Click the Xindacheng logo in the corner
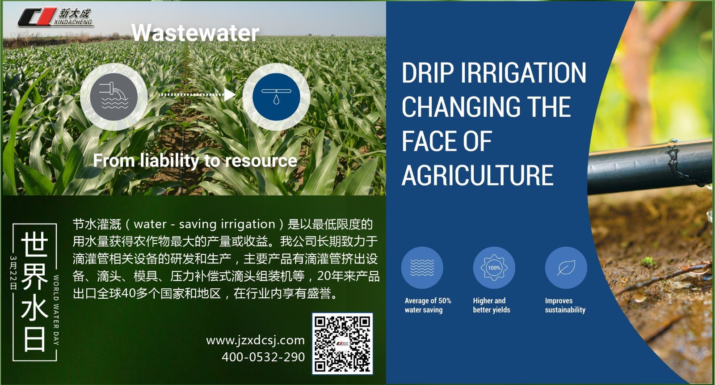(55, 17)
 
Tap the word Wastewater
(195, 33)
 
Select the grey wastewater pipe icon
(114, 97)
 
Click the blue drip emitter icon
(276, 97)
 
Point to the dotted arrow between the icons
(197, 94)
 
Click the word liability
(170, 161)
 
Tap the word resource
(261, 161)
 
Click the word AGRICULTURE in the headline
(478, 175)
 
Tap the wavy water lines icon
(422, 268)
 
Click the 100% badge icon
(494, 268)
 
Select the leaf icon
(566, 268)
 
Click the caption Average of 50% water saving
(428, 305)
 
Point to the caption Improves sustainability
(565, 305)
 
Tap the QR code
(342, 343)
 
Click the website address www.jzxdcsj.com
(255, 341)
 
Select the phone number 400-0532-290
(263, 357)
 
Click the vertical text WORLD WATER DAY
(56, 310)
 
